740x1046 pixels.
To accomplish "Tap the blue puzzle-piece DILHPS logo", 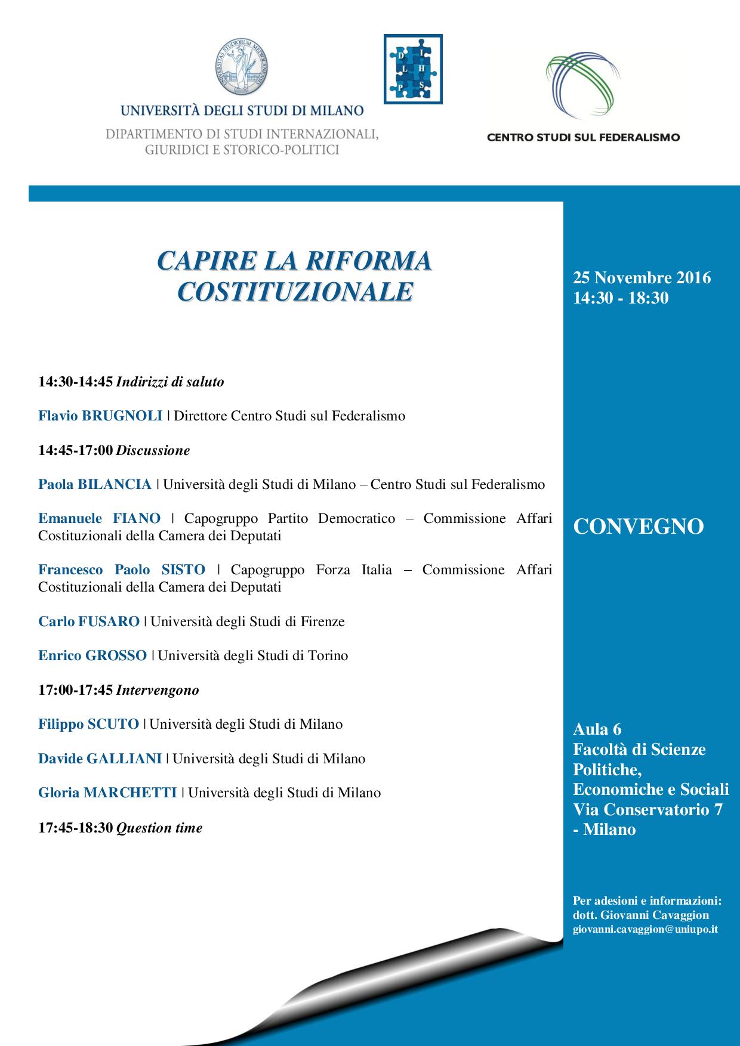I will pos(412,69).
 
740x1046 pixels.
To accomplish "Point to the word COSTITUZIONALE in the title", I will pos(295,292).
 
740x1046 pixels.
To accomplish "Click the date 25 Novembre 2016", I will pos(642,278).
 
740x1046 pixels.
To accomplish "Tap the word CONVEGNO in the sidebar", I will pos(638,527).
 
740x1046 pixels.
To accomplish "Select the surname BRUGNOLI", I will pos(122,416).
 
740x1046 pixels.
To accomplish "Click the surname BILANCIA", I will pos(114,484).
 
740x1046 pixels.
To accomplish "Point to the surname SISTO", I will pos(183,570).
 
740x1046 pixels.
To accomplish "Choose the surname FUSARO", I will pos(109,621).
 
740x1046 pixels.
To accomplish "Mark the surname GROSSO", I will pos(116,655).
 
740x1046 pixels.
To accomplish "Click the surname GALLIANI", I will pos(124,759).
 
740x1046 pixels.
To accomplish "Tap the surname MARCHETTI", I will pos(131,793).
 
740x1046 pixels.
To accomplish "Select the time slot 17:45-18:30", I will pos(75,828).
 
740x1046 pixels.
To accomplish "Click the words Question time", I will pos(159,828).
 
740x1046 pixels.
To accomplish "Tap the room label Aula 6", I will pos(597,729).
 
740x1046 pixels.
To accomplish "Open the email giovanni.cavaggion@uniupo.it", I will pos(645,929).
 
